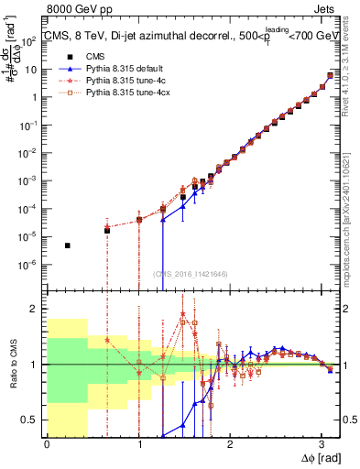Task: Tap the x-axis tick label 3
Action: (321, 445)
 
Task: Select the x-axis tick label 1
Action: (138, 445)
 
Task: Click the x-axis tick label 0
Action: (48, 445)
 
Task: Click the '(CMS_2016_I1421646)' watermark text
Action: (191, 273)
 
